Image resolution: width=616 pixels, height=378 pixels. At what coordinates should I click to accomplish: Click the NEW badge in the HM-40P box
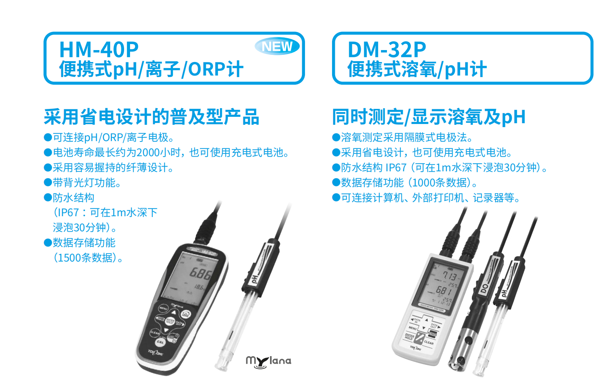pyautogui.click(x=277, y=47)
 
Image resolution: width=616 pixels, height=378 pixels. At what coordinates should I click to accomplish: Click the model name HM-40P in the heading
pyautogui.click(x=99, y=50)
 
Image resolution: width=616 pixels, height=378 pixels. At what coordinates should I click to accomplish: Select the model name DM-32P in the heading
pyautogui.click(x=387, y=50)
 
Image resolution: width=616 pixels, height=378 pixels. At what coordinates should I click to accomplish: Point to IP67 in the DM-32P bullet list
pyautogui.click(x=396, y=168)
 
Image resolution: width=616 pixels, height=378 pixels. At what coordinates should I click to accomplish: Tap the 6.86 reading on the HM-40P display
pyautogui.click(x=200, y=273)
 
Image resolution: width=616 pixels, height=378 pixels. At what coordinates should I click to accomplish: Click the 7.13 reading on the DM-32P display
pyautogui.click(x=449, y=275)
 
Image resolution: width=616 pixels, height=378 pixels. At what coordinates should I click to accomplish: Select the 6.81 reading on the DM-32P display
pyautogui.click(x=443, y=291)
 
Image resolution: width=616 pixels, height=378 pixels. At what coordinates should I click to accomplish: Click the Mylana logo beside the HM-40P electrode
pyautogui.click(x=268, y=361)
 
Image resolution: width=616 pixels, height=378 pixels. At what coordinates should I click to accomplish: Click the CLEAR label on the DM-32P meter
pyautogui.click(x=429, y=342)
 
